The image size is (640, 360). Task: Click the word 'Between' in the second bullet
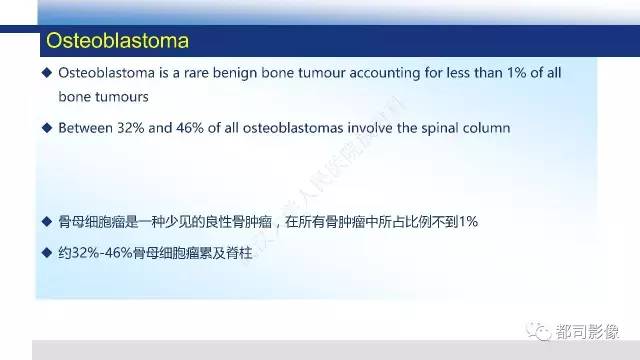click(87, 127)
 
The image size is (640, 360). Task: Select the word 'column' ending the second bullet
click(484, 127)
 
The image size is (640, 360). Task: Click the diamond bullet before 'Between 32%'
click(46, 127)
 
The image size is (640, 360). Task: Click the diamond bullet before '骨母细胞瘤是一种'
click(46, 221)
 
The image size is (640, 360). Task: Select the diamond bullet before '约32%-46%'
click(46, 250)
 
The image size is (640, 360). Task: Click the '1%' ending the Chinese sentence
click(468, 221)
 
